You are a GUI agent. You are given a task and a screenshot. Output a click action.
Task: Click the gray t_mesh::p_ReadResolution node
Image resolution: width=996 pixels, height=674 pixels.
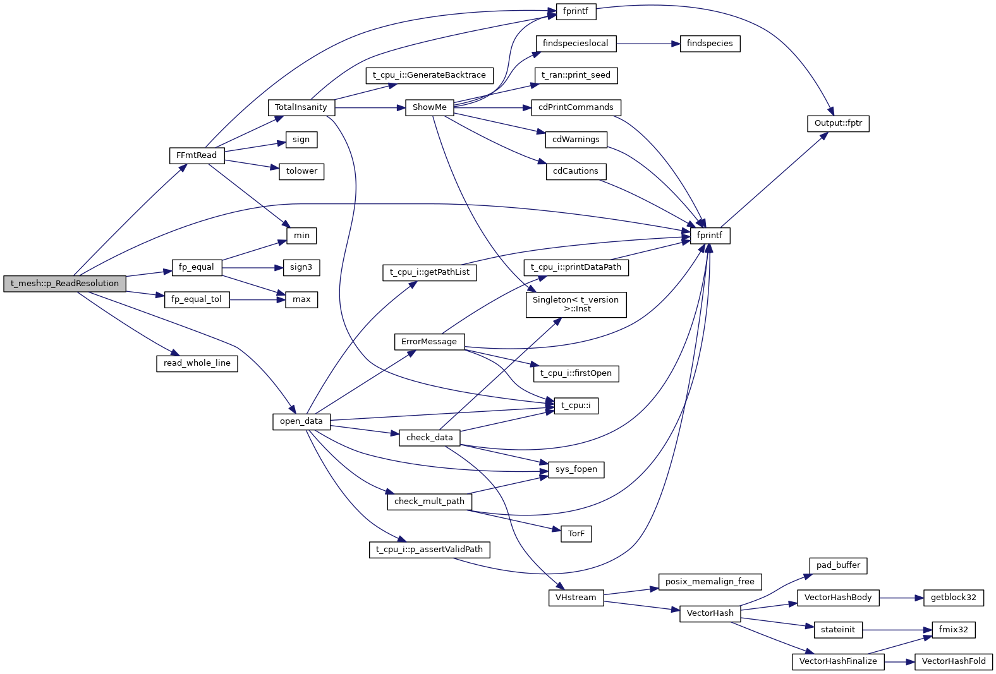[x=64, y=284]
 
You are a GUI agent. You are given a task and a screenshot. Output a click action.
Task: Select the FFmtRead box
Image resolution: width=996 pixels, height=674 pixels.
[x=197, y=155]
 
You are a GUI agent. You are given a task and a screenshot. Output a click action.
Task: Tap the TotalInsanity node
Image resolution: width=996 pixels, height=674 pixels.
[x=301, y=107]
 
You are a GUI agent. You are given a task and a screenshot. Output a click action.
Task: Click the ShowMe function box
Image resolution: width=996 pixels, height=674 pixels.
[x=429, y=107]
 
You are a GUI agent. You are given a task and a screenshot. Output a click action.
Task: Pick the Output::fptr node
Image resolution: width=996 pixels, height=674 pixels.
[x=838, y=123]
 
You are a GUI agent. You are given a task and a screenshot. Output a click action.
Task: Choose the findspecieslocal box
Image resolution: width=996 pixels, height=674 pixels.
[x=575, y=44]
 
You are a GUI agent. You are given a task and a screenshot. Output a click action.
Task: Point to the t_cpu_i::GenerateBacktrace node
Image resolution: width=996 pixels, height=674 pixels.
[x=429, y=75]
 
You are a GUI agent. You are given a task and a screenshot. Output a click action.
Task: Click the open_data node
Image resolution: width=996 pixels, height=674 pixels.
[x=301, y=421]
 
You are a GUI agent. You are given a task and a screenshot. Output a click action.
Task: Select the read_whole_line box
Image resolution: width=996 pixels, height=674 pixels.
[x=197, y=363]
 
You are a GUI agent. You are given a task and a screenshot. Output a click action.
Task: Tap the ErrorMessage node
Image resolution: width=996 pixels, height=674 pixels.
[x=428, y=342]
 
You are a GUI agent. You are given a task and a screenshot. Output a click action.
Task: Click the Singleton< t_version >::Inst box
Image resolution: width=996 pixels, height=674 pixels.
[x=576, y=304]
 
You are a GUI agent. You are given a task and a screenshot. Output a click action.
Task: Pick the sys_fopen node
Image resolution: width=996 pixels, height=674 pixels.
[x=576, y=469]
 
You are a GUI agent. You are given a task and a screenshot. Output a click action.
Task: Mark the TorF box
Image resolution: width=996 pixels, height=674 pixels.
[x=576, y=534]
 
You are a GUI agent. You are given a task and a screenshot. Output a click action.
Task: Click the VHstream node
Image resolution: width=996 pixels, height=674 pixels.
[x=576, y=598]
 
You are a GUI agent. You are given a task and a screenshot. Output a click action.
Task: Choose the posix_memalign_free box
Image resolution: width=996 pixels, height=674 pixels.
[x=710, y=582]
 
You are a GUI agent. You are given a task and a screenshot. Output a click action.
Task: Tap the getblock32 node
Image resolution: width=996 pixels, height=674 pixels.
[x=953, y=598]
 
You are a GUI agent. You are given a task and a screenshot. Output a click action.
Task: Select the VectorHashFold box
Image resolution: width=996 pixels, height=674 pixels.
[x=953, y=661]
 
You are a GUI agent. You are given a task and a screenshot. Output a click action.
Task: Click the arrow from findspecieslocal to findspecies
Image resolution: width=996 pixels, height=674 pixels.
[x=648, y=44]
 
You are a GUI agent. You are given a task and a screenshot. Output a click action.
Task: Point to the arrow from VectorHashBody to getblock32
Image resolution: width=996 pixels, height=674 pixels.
[x=901, y=598]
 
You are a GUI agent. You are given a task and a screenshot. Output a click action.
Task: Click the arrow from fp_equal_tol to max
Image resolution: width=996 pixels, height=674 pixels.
[x=257, y=299]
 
